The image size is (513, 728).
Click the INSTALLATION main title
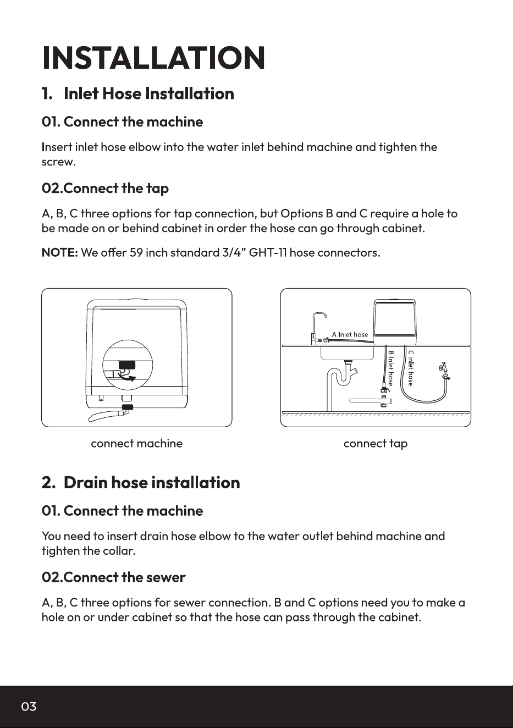click(x=153, y=58)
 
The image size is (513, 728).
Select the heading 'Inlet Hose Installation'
click(x=149, y=93)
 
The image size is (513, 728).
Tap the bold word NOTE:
click(x=60, y=252)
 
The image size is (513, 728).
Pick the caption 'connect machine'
click(x=136, y=443)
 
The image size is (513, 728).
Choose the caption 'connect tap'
click(x=376, y=444)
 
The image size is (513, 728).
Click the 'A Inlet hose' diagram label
click(x=350, y=334)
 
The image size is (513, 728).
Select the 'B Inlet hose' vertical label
click(x=391, y=368)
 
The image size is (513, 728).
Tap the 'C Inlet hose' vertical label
click(x=411, y=368)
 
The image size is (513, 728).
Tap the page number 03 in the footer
click(x=29, y=707)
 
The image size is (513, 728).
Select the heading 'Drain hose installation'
click(x=152, y=483)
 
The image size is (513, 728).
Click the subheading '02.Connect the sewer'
click(x=113, y=577)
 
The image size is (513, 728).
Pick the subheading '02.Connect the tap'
click(x=105, y=189)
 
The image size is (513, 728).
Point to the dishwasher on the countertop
click(x=395, y=322)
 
